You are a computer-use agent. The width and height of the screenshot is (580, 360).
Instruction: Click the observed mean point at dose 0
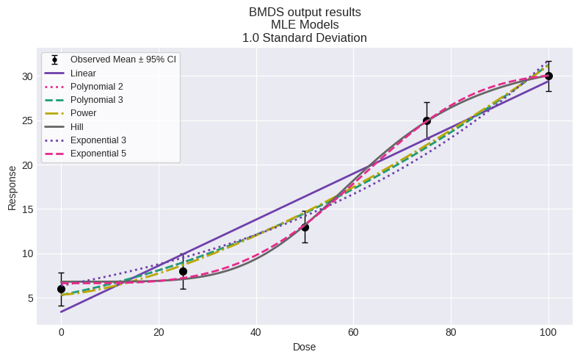[61, 289]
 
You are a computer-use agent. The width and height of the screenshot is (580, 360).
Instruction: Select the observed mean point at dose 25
[183, 271]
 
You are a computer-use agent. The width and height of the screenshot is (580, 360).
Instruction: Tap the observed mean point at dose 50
[305, 227]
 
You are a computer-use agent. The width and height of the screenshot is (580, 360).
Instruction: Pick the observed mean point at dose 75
[427, 120]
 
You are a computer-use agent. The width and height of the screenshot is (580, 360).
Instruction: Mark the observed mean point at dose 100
[548, 76]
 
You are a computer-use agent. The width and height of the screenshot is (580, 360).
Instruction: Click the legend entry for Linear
[83, 73]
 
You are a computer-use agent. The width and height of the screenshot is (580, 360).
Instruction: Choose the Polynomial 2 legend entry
[96, 87]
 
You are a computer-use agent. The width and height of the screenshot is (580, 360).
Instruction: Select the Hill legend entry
[77, 126]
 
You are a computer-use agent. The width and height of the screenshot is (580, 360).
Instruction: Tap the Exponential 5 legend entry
[98, 153]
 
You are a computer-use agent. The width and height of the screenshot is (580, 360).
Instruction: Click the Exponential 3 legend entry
[98, 140]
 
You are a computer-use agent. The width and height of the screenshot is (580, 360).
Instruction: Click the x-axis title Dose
[304, 347]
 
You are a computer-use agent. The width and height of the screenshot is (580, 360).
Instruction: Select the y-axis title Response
[12, 187]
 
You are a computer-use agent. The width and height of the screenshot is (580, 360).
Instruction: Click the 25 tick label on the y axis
[27, 120]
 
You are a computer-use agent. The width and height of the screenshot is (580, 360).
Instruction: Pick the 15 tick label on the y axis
[27, 209]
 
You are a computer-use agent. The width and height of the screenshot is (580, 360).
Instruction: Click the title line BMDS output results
[304, 12]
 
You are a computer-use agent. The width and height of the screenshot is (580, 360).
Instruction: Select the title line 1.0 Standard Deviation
[304, 37]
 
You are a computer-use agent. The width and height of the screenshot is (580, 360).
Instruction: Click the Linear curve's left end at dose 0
[61, 312]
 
